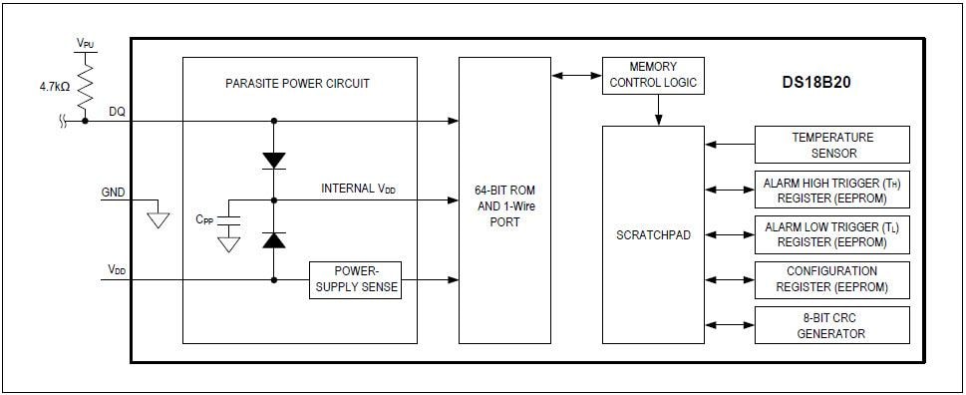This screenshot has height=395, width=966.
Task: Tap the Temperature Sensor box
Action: [x=832, y=145]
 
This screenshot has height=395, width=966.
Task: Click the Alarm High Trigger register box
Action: [x=832, y=191]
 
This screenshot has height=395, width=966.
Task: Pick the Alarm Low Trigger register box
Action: [x=832, y=234]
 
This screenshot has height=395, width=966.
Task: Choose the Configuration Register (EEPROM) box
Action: [x=832, y=279]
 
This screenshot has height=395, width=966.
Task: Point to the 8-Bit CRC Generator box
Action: [x=832, y=325]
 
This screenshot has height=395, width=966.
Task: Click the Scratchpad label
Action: [x=653, y=235]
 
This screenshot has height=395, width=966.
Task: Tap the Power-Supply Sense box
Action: [x=355, y=280]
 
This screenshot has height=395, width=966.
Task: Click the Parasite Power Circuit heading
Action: [x=297, y=84]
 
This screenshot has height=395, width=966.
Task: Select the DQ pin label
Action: [x=117, y=112]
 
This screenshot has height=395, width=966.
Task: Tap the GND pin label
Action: [x=114, y=192]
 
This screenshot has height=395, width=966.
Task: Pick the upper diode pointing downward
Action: [x=273, y=160]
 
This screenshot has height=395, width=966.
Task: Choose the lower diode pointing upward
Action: [x=273, y=238]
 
